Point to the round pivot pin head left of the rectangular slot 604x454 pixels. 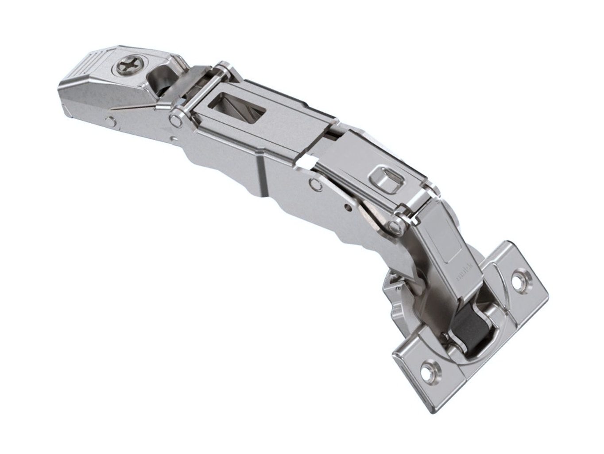pos(174,119)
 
